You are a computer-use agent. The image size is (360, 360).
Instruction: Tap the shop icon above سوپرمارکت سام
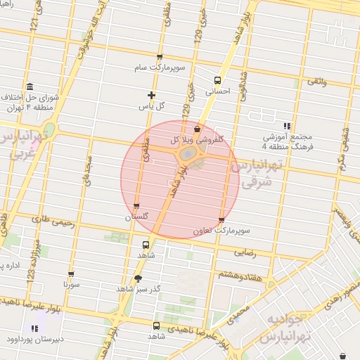coord(160,57)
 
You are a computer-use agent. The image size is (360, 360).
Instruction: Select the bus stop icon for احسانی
coord(217,80)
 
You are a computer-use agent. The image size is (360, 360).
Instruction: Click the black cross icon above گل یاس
coord(151,95)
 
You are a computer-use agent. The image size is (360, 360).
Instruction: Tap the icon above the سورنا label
coord(70,274)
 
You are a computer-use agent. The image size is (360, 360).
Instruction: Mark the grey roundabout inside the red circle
coord(188,153)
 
